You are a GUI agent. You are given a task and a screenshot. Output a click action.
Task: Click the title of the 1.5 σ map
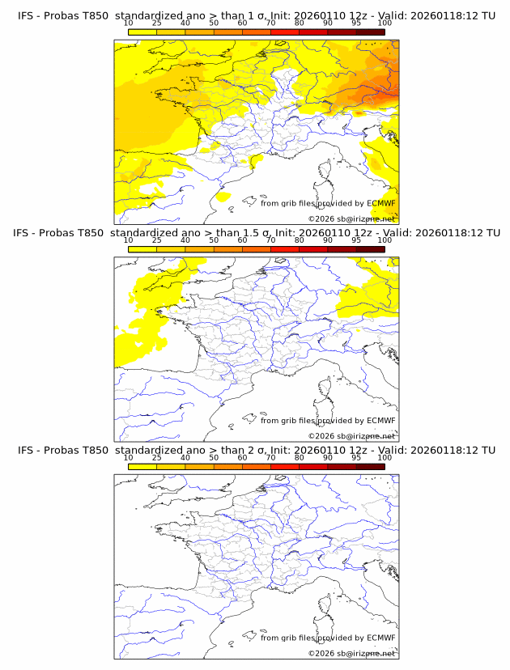(256, 232)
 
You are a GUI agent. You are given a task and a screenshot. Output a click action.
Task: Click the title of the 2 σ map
(256, 450)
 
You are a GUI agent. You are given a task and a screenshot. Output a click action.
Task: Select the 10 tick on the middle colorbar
(128, 240)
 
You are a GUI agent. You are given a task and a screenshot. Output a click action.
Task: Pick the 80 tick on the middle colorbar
(300, 240)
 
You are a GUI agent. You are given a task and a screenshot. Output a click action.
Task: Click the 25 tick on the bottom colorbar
(156, 458)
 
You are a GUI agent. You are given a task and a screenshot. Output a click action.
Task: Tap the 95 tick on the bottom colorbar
(356, 458)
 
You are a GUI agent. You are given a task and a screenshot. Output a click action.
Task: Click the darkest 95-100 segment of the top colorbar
(370, 32)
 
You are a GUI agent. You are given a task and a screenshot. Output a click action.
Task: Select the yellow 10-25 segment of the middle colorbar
(142, 249)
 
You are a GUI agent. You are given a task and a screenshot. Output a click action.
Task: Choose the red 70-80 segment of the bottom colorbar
(285, 468)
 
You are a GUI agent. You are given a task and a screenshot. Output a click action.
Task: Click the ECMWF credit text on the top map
(328, 203)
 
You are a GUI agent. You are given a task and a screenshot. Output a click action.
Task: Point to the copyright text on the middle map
(351, 436)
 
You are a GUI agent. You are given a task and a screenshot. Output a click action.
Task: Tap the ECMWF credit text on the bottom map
(328, 638)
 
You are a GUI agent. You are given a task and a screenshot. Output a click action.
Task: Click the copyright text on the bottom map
(351, 653)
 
